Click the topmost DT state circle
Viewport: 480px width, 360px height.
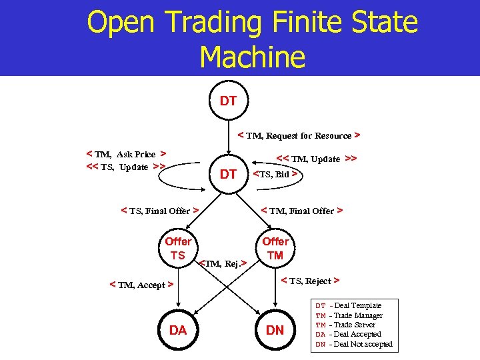coord(229,102)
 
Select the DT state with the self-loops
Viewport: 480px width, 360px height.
coord(229,174)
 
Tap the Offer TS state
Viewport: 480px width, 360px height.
coord(178,249)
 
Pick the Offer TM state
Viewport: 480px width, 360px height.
coord(275,249)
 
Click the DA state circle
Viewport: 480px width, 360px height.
coord(178,330)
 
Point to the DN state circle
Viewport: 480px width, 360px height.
coord(275,330)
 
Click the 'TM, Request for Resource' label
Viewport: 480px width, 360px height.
coord(299,136)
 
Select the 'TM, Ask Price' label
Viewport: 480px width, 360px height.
coord(127,154)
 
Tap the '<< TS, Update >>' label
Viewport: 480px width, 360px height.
coord(126,167)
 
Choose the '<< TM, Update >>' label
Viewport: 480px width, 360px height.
coord(317,159)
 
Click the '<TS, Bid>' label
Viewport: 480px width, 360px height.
coord(275,174)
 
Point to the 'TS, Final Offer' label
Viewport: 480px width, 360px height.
coord(160,211)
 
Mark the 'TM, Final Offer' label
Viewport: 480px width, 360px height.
coord(301,211)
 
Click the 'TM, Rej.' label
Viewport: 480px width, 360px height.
coord(223,264)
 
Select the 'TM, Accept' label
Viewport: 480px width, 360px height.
coord(141,285)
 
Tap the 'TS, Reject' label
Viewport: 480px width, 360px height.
coord(309,281)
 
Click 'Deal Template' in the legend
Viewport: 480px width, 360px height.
coord(357,305)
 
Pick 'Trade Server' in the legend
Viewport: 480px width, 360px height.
coord(358,325)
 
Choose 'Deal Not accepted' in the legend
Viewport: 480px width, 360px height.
coord(363,344)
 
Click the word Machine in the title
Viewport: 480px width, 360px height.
coord(252,57)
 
